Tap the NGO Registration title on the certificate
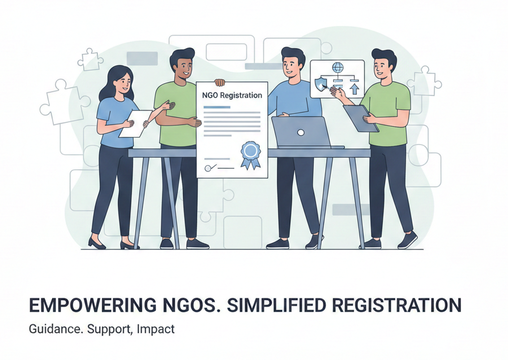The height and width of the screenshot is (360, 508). (232, 96)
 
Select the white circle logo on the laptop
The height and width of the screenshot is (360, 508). (301, 132)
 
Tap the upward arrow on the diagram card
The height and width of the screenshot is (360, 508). (355, 88)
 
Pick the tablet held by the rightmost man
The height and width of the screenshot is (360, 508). (360, 118)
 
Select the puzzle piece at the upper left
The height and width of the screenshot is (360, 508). (90, 59)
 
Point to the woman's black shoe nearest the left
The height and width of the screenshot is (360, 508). (96, 243)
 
